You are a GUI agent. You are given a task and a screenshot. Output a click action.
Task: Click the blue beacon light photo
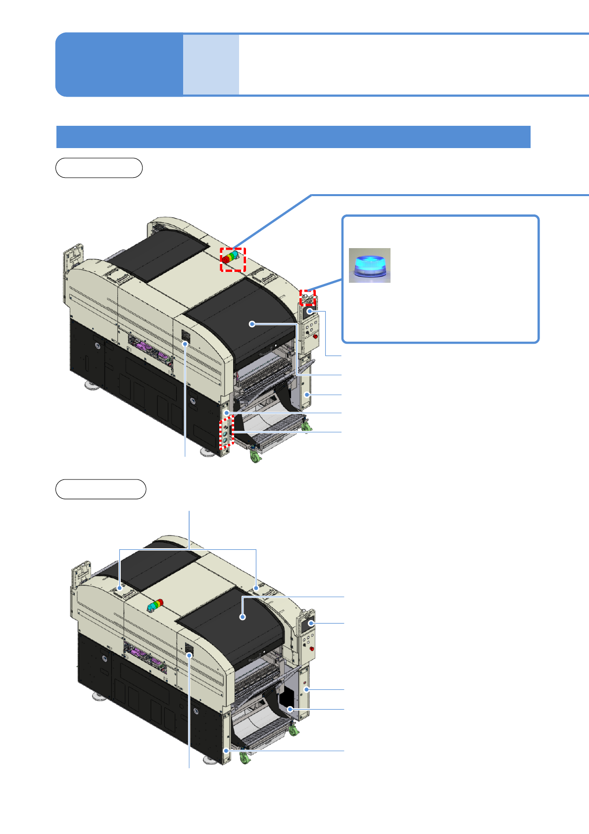[369, 265]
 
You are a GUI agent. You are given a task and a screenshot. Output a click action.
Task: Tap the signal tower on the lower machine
[155, 605]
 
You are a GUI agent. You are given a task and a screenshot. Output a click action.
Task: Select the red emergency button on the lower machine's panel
[312, 648]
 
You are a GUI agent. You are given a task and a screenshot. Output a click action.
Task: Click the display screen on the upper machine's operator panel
[310, 312]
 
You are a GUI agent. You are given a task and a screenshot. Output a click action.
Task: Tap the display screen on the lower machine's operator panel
[310, 623]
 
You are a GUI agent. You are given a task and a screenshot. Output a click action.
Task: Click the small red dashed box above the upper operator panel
[308, 297]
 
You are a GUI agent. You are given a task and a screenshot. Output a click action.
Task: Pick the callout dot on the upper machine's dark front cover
[252, 324]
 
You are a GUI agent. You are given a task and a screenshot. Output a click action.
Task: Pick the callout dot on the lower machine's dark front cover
[242, 617]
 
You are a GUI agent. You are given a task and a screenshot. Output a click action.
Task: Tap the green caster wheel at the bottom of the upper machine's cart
[255, 458]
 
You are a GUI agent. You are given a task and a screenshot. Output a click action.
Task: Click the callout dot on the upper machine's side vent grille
[186, 343]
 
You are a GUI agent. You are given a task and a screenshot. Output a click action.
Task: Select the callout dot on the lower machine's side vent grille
[190, 655]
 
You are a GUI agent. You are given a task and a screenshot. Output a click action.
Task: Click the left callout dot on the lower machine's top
[120, 589]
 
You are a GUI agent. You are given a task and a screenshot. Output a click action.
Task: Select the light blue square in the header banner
[211, 64]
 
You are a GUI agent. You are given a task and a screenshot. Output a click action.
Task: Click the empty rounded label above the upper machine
[99, 168]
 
